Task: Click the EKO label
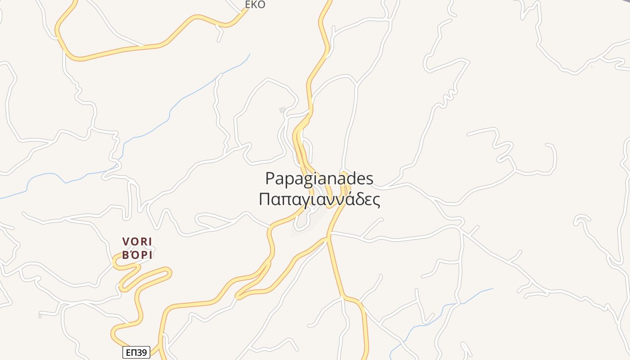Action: point(255,5)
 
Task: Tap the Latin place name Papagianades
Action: point(319,179)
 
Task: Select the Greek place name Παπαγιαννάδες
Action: point(319,199)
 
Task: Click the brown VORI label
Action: point(138,242)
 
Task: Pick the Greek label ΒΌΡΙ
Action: point(138,255)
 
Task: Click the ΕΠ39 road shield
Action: point(136,352)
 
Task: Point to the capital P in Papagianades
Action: point(270,179)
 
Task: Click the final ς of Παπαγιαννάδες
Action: point(376,200)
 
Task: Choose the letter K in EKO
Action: point(255,5)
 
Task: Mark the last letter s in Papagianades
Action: point(369,179)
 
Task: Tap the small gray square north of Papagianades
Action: point(283,110)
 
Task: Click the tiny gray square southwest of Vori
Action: point(40,316)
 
